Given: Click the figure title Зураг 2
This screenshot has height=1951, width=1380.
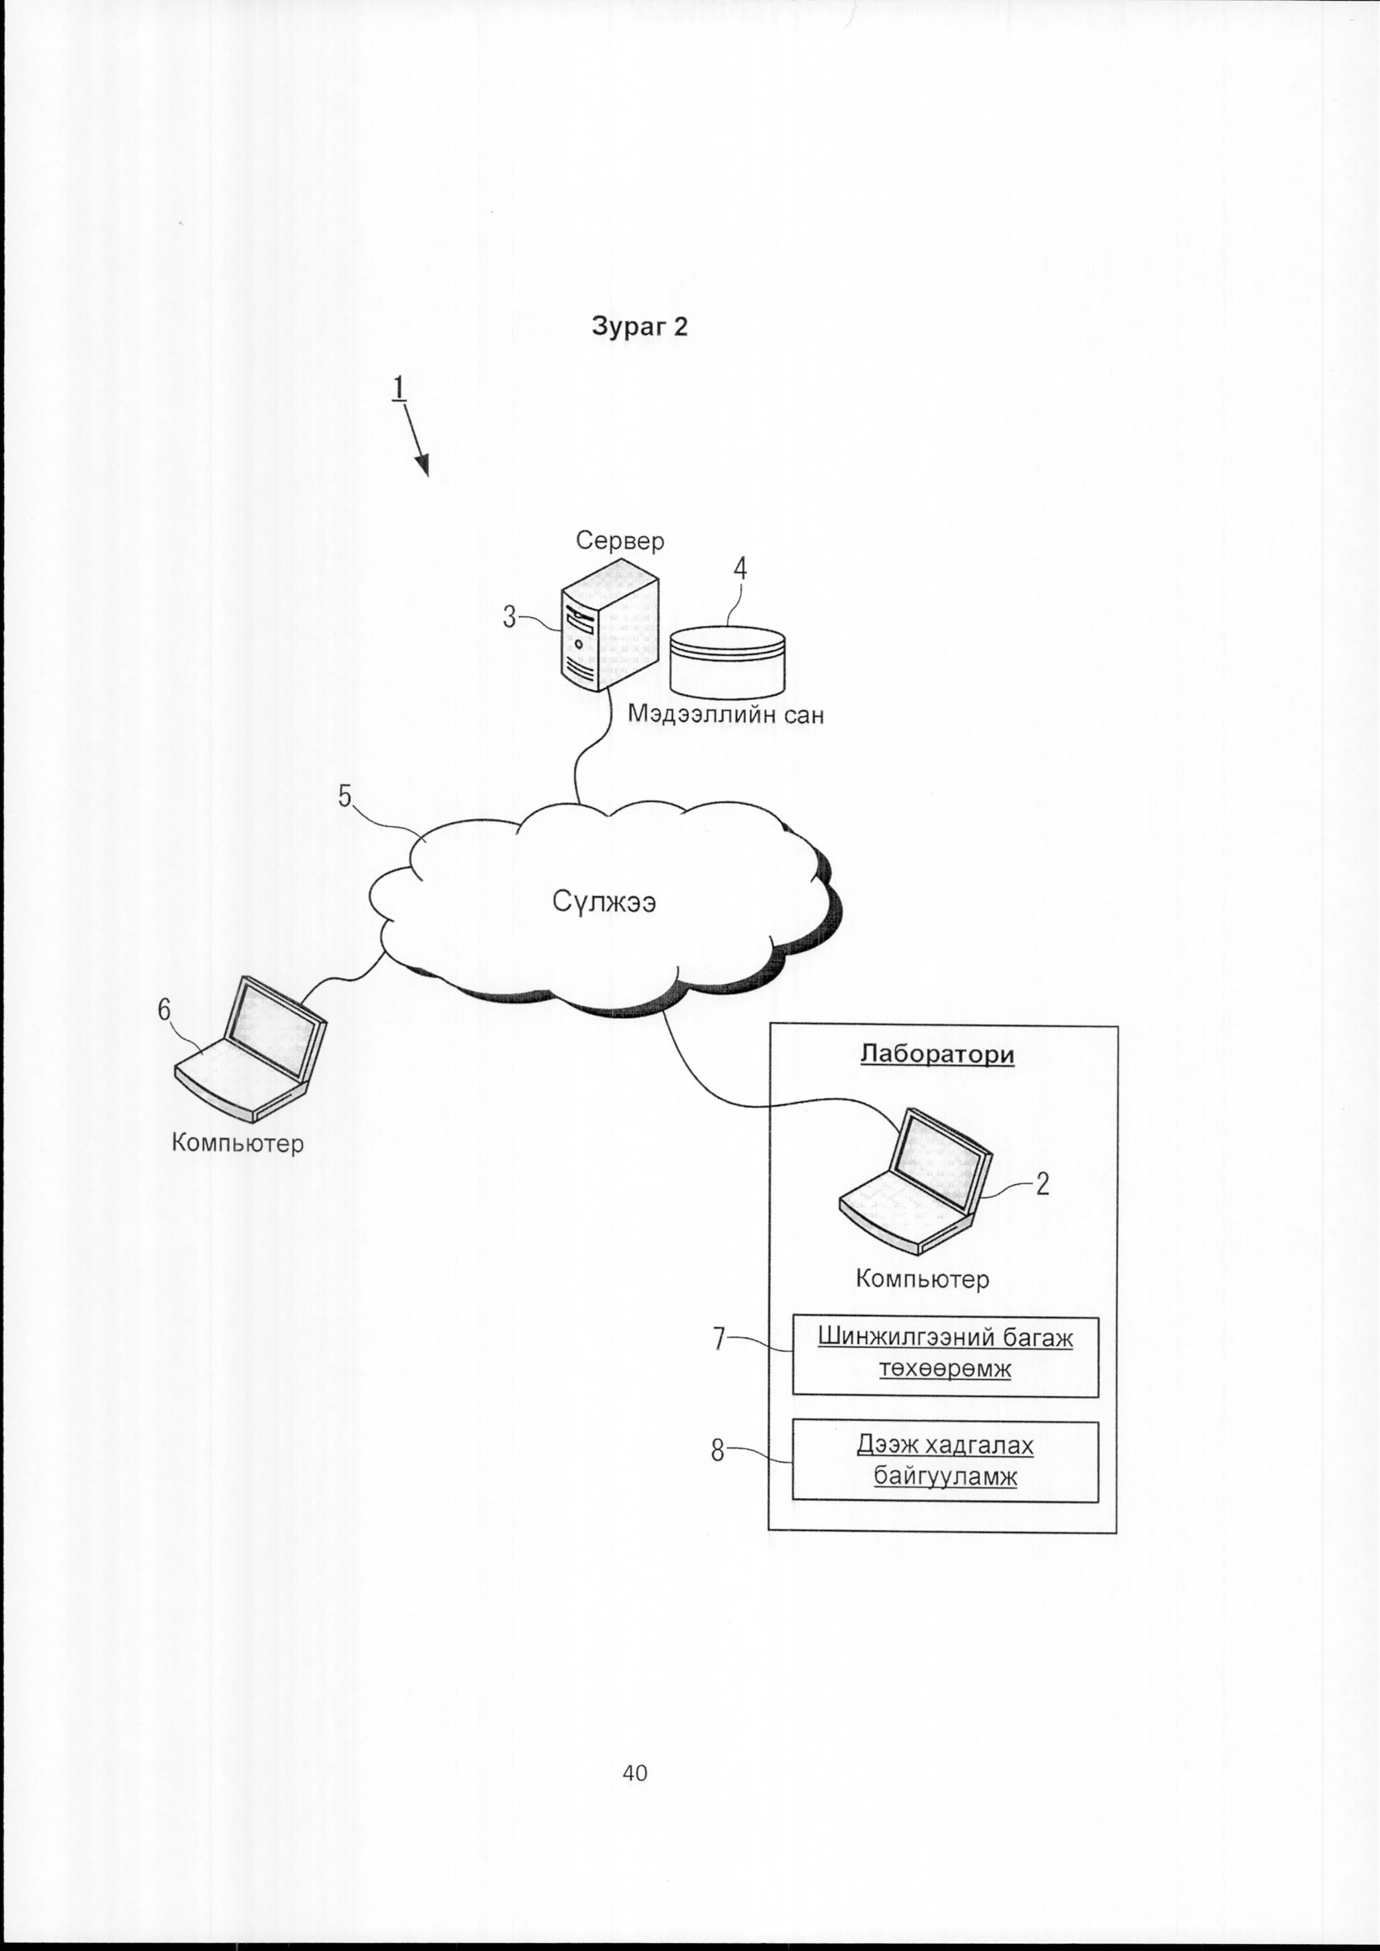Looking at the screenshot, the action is pos(639,327).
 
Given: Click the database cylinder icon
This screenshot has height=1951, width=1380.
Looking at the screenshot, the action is pos(727,659).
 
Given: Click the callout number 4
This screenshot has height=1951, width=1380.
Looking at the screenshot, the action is pos(740,569).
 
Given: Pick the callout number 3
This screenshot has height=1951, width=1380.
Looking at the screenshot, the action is pos(509,617).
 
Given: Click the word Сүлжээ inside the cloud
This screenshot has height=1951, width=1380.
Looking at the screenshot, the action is pos(604,901).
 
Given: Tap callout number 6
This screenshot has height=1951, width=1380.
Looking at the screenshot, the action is pos(164,1010).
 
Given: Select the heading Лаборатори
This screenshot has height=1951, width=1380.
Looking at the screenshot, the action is pos(937,1055).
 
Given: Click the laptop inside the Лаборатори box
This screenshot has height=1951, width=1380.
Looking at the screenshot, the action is pos(916,1181).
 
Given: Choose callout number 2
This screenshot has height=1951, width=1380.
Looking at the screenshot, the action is pos(1043,1184).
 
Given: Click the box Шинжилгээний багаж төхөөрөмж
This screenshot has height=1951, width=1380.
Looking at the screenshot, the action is pos(945,1357).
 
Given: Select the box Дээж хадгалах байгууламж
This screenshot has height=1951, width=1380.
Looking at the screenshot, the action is pos(945,1461).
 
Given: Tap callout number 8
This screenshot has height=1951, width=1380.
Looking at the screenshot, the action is pos(718,1450).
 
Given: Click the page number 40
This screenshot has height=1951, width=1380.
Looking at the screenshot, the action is pos(635,1772).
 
